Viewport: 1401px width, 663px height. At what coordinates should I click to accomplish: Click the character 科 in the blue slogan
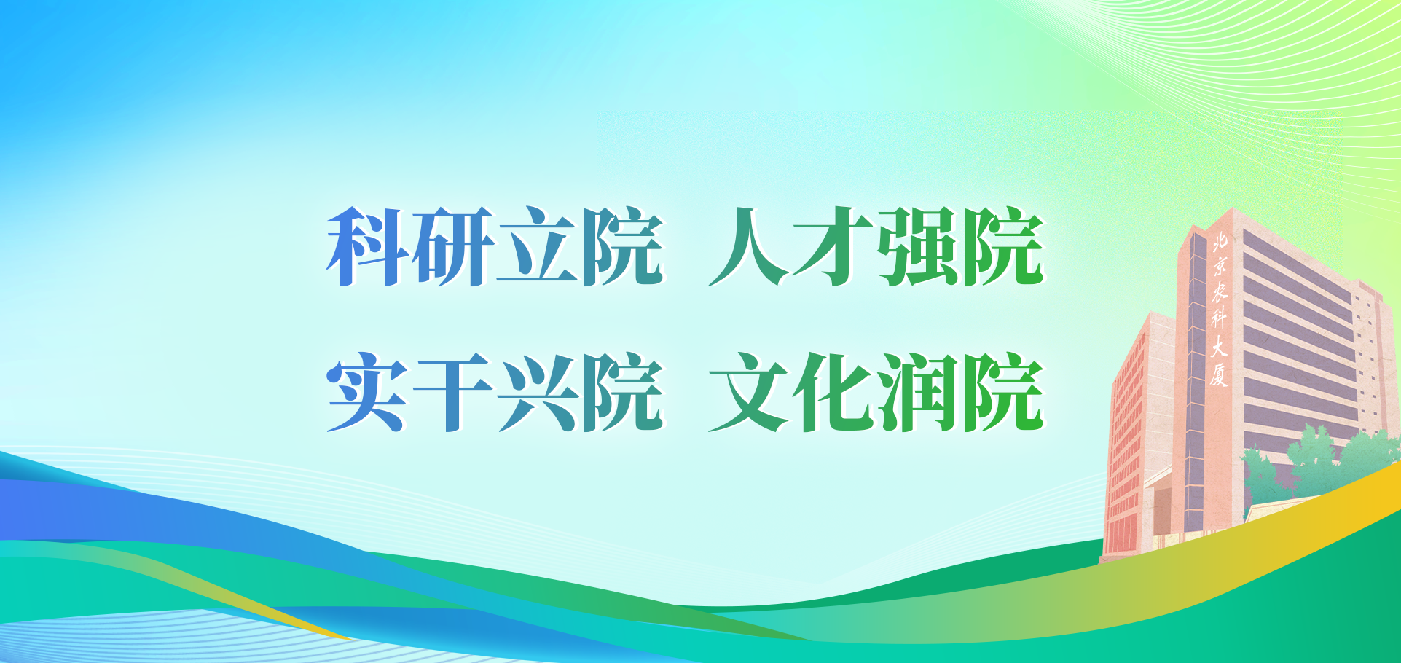click(369, 246)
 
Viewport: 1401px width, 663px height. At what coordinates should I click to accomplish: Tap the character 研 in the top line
click(453, 246)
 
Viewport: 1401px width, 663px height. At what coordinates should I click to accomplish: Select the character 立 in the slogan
click(538, 246)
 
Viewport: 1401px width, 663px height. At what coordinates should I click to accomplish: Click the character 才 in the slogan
click(833, 246)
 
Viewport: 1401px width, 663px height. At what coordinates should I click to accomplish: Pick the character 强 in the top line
click(918, 246)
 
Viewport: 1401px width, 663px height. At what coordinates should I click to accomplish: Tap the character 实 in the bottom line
click(367, 392)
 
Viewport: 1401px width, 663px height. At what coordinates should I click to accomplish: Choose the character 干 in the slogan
click(453, 392)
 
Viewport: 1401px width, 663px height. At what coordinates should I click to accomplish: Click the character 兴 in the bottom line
click(538, 392)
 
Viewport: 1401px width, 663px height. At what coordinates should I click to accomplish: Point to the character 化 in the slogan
click(833, 392)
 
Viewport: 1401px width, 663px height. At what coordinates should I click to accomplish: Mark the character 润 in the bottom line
click(918, 392)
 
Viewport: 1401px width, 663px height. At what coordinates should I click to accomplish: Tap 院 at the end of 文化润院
click(1003, 392)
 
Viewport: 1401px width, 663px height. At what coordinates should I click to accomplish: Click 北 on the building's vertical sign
click(1220, 242)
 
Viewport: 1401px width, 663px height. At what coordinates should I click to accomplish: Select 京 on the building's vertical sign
click(1220, 265)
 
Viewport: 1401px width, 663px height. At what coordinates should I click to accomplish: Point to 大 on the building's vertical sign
click(1220, 346)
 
